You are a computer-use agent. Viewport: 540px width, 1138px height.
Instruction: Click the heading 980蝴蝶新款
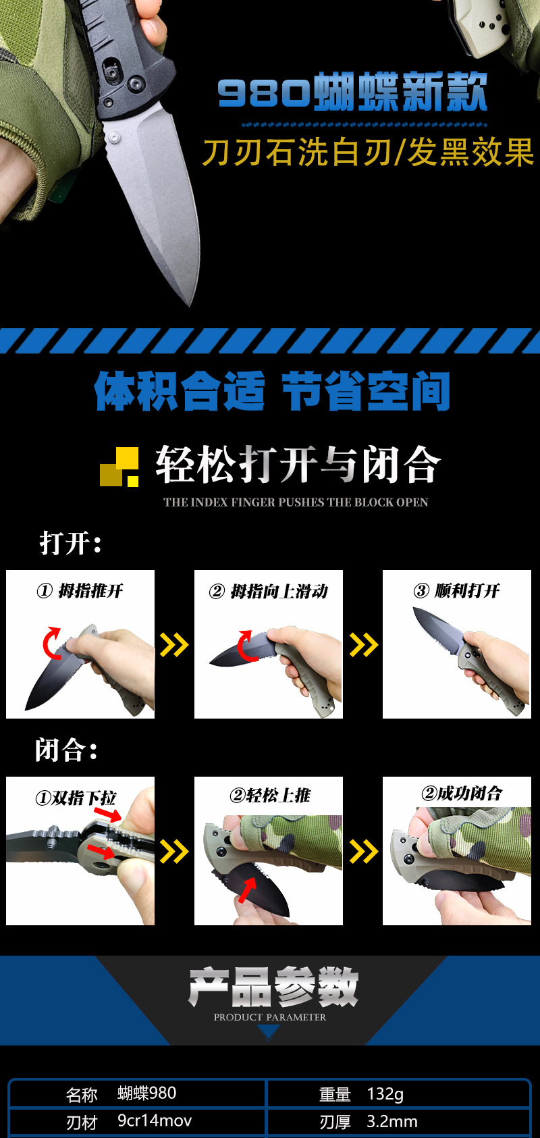[352, 92]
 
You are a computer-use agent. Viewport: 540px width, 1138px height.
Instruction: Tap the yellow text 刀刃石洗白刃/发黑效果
[369, 152]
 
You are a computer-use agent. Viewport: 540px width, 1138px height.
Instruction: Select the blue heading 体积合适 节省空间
[273, 392]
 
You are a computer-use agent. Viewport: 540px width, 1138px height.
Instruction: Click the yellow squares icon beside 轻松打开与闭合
[119, 467]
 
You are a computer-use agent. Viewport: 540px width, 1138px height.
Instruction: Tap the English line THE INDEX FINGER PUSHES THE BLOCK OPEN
[296, 502]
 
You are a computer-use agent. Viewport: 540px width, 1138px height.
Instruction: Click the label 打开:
[70, 543]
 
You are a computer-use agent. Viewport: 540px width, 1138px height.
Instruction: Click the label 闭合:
[66, 750]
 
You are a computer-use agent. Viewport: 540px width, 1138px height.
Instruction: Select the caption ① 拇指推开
[80, 591]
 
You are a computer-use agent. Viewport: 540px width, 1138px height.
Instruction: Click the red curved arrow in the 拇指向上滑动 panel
[244, 645]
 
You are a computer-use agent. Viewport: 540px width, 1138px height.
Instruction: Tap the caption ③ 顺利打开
[457, 591]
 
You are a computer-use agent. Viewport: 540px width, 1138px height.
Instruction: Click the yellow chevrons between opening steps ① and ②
[174, 645]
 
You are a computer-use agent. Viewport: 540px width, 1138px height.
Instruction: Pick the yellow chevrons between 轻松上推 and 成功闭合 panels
[363, 852]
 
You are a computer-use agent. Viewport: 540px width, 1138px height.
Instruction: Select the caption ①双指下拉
[76, 798]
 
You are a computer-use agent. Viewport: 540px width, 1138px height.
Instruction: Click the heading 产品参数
[273, 987]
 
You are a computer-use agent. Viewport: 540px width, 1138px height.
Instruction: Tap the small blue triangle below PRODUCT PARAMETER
[269, 1032]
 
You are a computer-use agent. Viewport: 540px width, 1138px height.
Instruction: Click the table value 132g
[385, 1093]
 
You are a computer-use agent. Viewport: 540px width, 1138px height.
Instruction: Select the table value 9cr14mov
[155, 1120]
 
